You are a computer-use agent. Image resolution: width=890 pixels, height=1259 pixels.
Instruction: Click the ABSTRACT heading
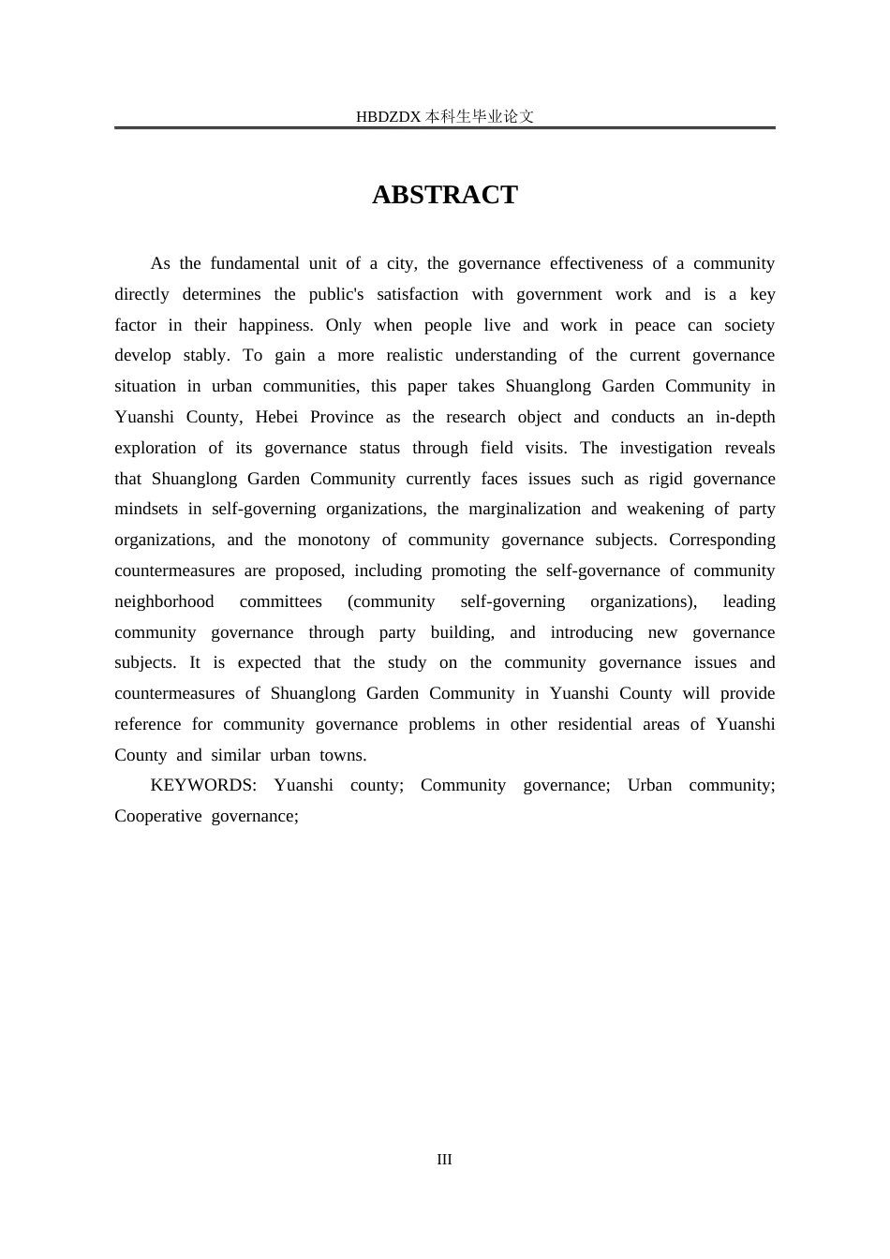[x=444, y=195]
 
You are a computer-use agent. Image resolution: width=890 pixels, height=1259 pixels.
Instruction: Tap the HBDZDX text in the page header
[x=389, y=117]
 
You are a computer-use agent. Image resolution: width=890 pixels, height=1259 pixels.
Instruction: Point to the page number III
[x=444, y=1160]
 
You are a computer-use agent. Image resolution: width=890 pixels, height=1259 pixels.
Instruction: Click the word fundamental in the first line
[x=273, y=263]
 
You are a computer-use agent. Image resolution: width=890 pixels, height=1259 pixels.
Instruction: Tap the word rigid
[x=666, y=479]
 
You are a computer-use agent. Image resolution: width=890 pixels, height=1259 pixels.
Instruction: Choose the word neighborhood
[x=164, y=601]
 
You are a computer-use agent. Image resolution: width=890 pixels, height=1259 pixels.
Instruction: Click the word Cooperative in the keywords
[x=157, y=816]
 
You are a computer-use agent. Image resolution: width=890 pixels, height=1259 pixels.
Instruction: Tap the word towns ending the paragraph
[x=343, y=755]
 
